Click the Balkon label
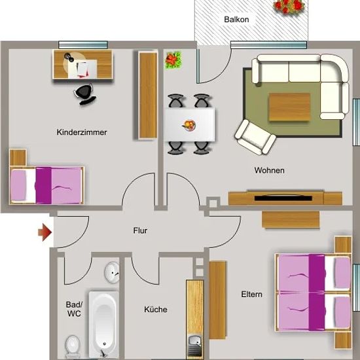point(236,20)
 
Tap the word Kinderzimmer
point(82,132)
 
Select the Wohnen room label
point(269,170)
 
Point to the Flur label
point(140,230)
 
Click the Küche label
point(156,309)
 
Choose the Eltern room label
point(251,295)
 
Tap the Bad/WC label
point(74,309)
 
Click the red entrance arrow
point(45,232)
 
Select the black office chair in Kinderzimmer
point(84,94)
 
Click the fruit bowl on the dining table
point(189,126)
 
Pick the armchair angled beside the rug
point(255,137)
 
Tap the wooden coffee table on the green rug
point(289,107)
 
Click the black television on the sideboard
point(283,198)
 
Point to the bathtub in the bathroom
point(104,325)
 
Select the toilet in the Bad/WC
point(73,346)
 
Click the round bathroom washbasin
point(113,272)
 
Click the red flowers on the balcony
point(289,6)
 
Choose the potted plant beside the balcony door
point(173,60)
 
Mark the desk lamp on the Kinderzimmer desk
point(69,57)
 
